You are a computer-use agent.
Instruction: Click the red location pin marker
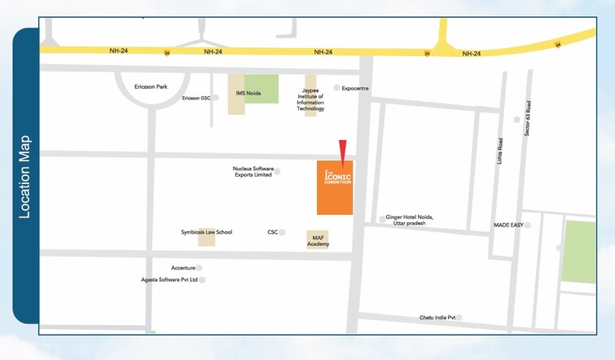coord(343,151)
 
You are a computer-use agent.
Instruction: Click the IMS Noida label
coord(248,93)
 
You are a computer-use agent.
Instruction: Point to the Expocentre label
coord(356,88)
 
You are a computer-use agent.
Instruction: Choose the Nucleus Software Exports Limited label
coord(252,172)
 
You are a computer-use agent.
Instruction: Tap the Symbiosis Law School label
coord(206,232)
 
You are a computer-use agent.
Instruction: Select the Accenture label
coord(183,267)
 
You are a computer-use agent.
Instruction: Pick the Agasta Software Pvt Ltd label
coord(169,279)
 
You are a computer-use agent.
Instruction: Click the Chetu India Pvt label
coord(438,317)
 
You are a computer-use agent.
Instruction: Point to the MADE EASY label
coord(507,225)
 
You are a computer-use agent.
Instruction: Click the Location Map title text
coord(25,176)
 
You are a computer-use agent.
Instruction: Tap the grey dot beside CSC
coord(283,232)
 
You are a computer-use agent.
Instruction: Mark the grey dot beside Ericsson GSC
coord(216,98)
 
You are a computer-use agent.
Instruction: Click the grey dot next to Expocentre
coord(336,88)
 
